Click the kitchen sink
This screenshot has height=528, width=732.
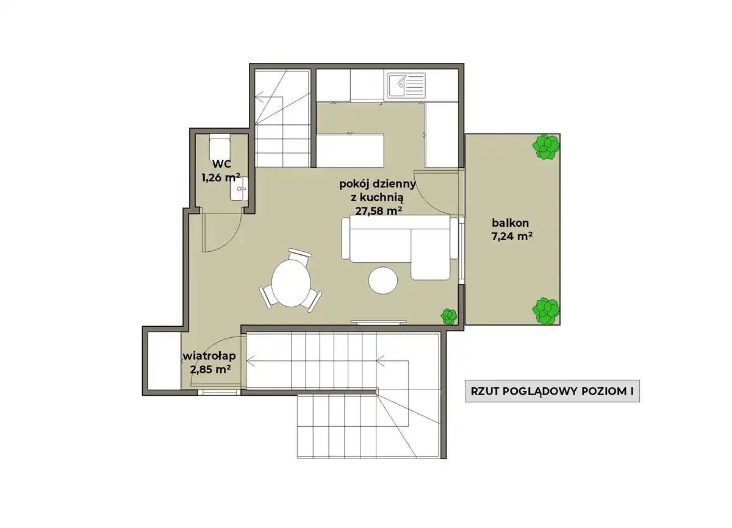coord(406,85)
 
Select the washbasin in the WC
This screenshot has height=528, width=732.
coord(239,189)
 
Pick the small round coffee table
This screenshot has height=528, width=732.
coord(382,280)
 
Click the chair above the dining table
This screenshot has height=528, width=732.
coord(300,255)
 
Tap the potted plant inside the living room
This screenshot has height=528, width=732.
coord(449,316)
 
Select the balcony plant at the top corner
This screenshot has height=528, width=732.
coord(546,147)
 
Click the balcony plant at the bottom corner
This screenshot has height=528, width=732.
coord(546,311)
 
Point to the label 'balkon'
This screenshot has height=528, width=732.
coord(510,223)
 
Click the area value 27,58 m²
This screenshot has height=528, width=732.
coord(378,211)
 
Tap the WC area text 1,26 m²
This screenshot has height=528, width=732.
coord(221,177)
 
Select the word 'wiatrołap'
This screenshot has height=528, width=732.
coord(209,356)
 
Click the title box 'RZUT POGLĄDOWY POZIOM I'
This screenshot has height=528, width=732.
coord(552,391)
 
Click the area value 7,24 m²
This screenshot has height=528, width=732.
coord(512,236)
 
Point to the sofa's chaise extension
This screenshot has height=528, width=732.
coord(430,254)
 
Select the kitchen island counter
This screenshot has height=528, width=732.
coord(350,151)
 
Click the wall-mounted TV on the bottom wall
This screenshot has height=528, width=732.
coord(378,323)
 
